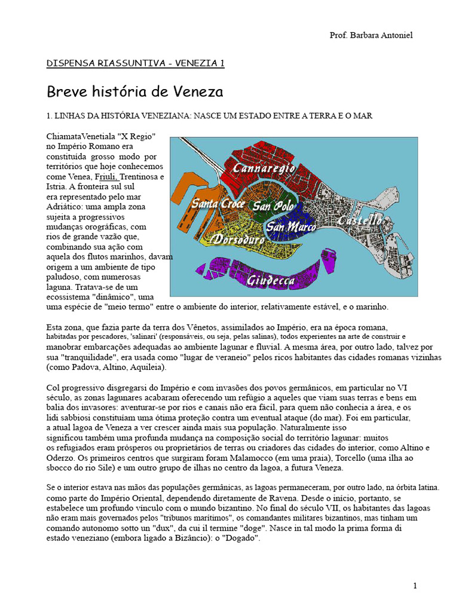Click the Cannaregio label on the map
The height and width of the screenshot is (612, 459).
pos(264,168)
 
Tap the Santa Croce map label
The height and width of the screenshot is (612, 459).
pos(218,204)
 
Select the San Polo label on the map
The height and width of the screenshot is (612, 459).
pos(273,206)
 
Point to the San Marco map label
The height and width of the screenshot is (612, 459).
pos(291,227)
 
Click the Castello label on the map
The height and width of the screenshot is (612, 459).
pos(360,221)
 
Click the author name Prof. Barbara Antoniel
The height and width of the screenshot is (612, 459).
pos(371,35)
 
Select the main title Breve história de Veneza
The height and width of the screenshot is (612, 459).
pos(134,92)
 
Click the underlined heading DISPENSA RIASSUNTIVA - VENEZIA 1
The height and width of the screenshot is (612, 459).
pos(136,63)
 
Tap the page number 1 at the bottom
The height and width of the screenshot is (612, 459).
pos(415,586)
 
